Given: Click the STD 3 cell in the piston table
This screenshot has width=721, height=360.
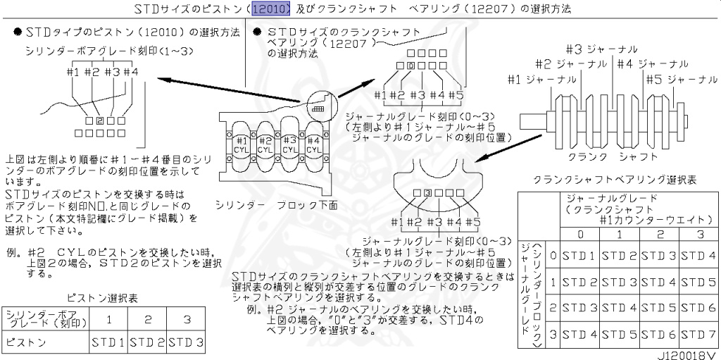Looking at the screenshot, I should coord(186,342).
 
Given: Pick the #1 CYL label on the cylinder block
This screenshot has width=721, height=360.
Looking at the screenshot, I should coord(240,144).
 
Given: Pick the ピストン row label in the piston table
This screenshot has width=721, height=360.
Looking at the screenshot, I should coord(26,342).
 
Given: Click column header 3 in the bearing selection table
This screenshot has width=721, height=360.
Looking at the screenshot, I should coord(699,234).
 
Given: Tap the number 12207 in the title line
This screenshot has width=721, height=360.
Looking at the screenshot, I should coord(505,8).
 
